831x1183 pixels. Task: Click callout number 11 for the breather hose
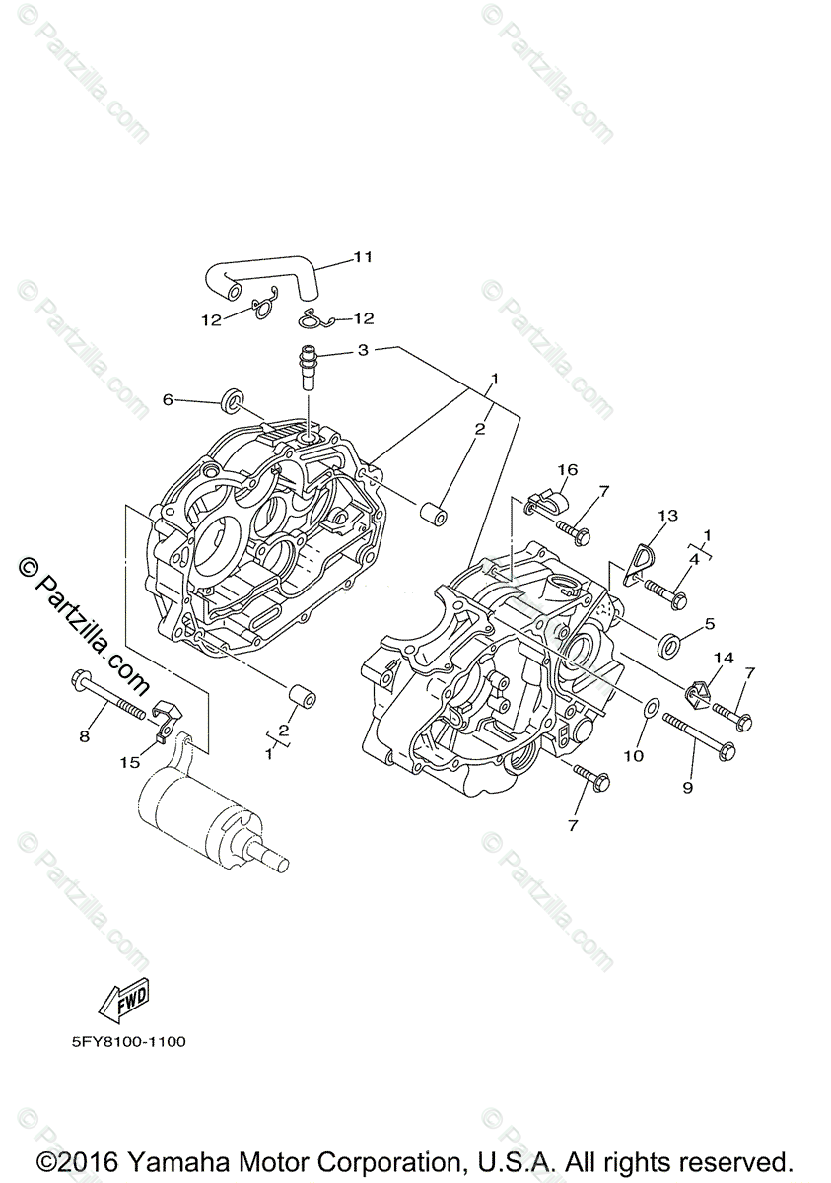(x=362, y=257)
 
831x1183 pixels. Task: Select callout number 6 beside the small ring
(x=168, y=399)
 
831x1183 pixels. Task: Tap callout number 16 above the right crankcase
(x=569, y=470)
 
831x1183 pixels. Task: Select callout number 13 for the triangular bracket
(x=668, y=516)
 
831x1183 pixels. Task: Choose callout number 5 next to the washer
(x=709, y=624)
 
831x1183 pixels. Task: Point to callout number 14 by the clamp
(x=725, y=658)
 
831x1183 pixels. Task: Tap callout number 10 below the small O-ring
(x=633, y=755)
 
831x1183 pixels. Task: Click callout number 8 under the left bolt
(x=85, y=735)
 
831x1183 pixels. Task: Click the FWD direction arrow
(x=124, y=1003)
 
